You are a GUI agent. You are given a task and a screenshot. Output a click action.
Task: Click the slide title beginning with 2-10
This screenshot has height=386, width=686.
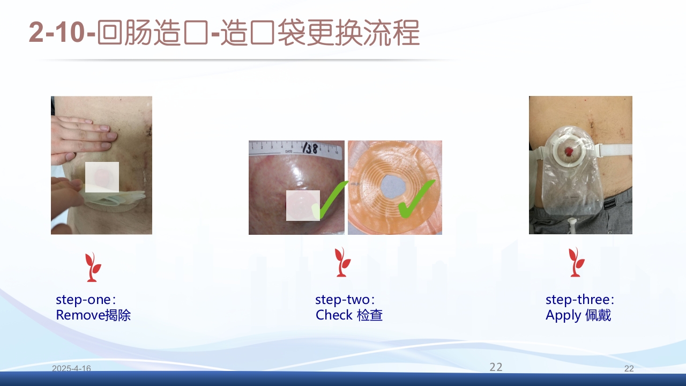coord(224,33)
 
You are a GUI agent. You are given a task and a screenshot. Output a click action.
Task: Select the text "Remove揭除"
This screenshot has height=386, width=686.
coord(93,315)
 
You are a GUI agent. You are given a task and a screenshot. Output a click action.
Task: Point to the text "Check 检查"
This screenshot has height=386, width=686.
coord(349,315)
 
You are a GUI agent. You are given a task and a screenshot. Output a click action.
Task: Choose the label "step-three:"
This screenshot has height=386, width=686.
coord(580,300)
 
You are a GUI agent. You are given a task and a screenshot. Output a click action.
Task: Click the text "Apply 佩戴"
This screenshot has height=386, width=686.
coord(578,315)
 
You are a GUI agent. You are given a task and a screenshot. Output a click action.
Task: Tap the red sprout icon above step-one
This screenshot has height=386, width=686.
coord(93,266)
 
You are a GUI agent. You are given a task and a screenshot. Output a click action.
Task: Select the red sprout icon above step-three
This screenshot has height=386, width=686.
coord(577,262)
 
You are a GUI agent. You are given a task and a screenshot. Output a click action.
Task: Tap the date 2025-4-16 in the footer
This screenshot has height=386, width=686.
coord(71,368)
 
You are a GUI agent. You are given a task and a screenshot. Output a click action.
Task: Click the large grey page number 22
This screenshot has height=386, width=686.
coord(496,367)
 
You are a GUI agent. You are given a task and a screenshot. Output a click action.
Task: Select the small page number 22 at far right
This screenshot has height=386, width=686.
coord(629,368)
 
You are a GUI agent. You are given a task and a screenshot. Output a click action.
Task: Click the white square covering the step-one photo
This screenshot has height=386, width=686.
coord(102,177)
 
